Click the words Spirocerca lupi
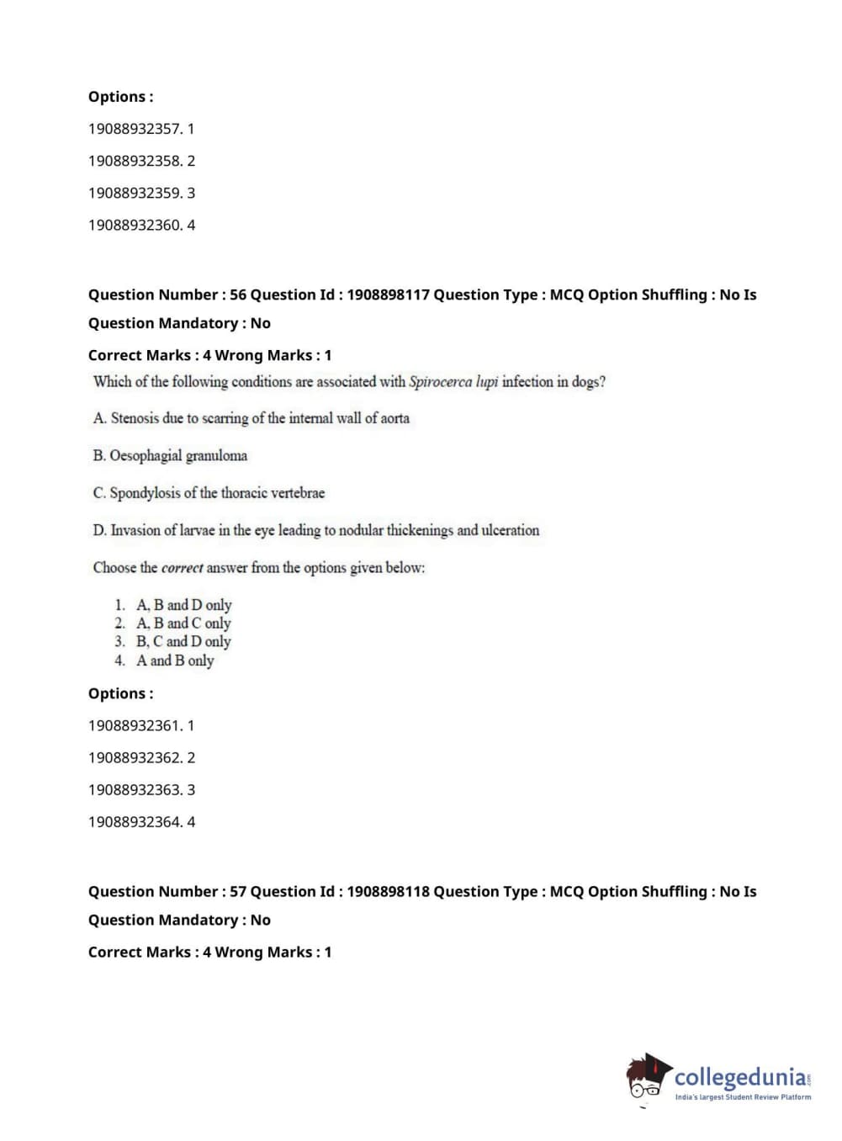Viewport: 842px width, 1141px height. (453, 381)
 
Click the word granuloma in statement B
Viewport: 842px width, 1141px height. (216, 456)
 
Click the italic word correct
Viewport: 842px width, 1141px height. (182, 568)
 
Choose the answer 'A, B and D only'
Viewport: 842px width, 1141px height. (183, 605)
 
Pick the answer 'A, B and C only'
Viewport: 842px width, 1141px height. (183, 624)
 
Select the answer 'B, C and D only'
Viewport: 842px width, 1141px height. (183, 641)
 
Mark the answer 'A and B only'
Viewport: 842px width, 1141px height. (175, 661)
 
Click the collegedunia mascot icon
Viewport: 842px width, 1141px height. (648, 1077)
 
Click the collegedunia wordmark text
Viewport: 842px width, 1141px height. (740, 1077)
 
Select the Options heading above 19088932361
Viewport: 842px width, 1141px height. (120, 693)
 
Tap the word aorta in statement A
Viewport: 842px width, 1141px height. (395, 418)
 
